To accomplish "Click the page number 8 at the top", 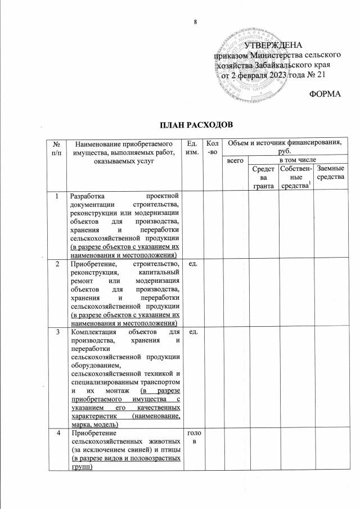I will [x=196, y=21].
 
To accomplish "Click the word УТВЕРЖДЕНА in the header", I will [x=274, y=45].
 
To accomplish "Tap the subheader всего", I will [x=233, y=161].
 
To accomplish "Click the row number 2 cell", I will [x=56, y=263].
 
